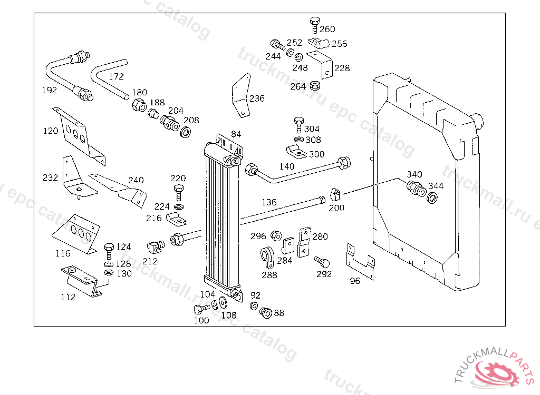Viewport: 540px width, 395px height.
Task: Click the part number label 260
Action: pos(327,29)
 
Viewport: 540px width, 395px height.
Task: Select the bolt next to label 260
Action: pos(315,25)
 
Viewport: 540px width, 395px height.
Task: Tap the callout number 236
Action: pos(257,99)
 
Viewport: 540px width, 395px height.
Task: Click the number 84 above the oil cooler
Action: pos(236,134)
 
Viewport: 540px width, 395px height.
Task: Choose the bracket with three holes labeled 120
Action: pos(79,136)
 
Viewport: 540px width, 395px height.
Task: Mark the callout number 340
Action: pos(414,174)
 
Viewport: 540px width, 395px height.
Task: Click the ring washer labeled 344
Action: pos(432,198)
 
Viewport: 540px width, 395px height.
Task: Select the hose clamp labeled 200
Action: pos(335,194)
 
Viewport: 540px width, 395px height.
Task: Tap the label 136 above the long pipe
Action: pos(269,202)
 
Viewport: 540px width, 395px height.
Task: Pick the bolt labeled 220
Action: pos(178,192)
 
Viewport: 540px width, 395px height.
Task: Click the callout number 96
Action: pos(355,281)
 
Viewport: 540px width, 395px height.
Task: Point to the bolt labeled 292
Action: pos(322,262)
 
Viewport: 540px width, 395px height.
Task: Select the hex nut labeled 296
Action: pos(276,236)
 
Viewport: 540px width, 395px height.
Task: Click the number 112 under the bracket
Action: pos(68,297)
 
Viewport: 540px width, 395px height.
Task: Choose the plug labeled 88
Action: pos(266,313)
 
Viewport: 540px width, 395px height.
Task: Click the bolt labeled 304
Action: pos(298,125)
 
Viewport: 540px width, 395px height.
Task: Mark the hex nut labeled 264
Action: pos(315,85)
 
